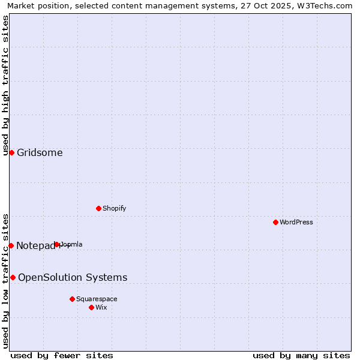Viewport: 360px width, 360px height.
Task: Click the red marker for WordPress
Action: tap(275, 222)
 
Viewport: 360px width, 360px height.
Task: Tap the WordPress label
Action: tap(296, 222)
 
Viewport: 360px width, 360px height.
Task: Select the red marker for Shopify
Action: tap(98, 208)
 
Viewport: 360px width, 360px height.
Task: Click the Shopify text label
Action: tap(114, 208)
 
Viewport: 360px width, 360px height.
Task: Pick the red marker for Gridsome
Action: tap(11, 152)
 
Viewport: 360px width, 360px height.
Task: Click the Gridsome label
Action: tap(40, 152)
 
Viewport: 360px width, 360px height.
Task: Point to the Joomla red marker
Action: tap(57, 244)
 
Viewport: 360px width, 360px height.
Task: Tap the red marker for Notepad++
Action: tap(11, 245)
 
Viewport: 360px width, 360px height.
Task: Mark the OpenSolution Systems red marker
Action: tap(13, 277)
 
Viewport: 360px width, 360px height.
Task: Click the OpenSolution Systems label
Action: tap(73, 277)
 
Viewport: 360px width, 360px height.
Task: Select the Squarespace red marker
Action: tap(72, 299)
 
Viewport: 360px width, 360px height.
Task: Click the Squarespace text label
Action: tap(97, 299)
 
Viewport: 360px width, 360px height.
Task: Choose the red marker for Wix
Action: tap(91, 307)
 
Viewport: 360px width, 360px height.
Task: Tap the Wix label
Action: tap(101, 307)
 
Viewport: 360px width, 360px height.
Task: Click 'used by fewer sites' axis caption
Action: tap(62, 355)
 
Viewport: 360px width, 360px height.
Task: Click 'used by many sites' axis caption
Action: tap(301, 355)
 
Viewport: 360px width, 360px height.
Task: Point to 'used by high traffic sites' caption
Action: tap(6, 85)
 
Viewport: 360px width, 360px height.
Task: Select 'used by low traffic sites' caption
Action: tap(6, 280)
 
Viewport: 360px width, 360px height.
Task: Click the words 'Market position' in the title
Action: tap(35, 5)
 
